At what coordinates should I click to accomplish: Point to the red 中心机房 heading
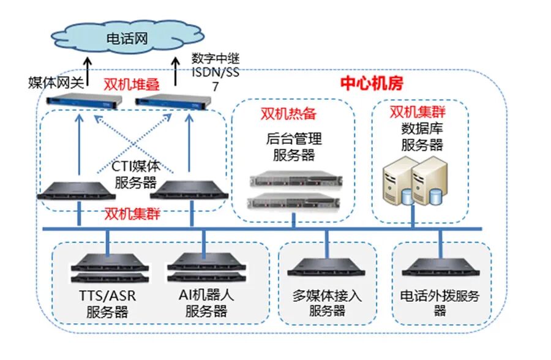coord(372,84)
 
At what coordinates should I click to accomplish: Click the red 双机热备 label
coord(288,114)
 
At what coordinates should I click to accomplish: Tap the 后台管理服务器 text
coord(294,147)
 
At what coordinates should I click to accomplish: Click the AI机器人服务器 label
coord(206,303)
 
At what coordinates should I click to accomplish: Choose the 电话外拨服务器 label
coord(440,303)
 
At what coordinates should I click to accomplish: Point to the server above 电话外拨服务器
coord(439,267)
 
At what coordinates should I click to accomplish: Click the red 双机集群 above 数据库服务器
coord(418,112)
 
